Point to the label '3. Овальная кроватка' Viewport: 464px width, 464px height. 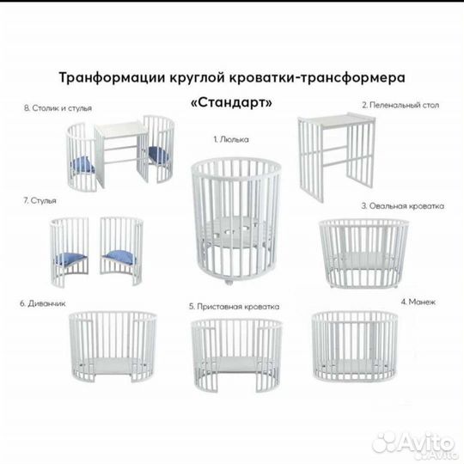(402, 206)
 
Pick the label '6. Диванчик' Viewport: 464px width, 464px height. (41, 303)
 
